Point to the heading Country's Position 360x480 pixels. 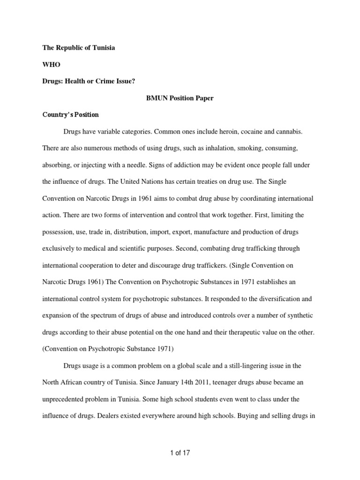pos(70,114)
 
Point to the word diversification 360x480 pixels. pos(272,298)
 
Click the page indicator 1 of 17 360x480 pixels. pos(180,453)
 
